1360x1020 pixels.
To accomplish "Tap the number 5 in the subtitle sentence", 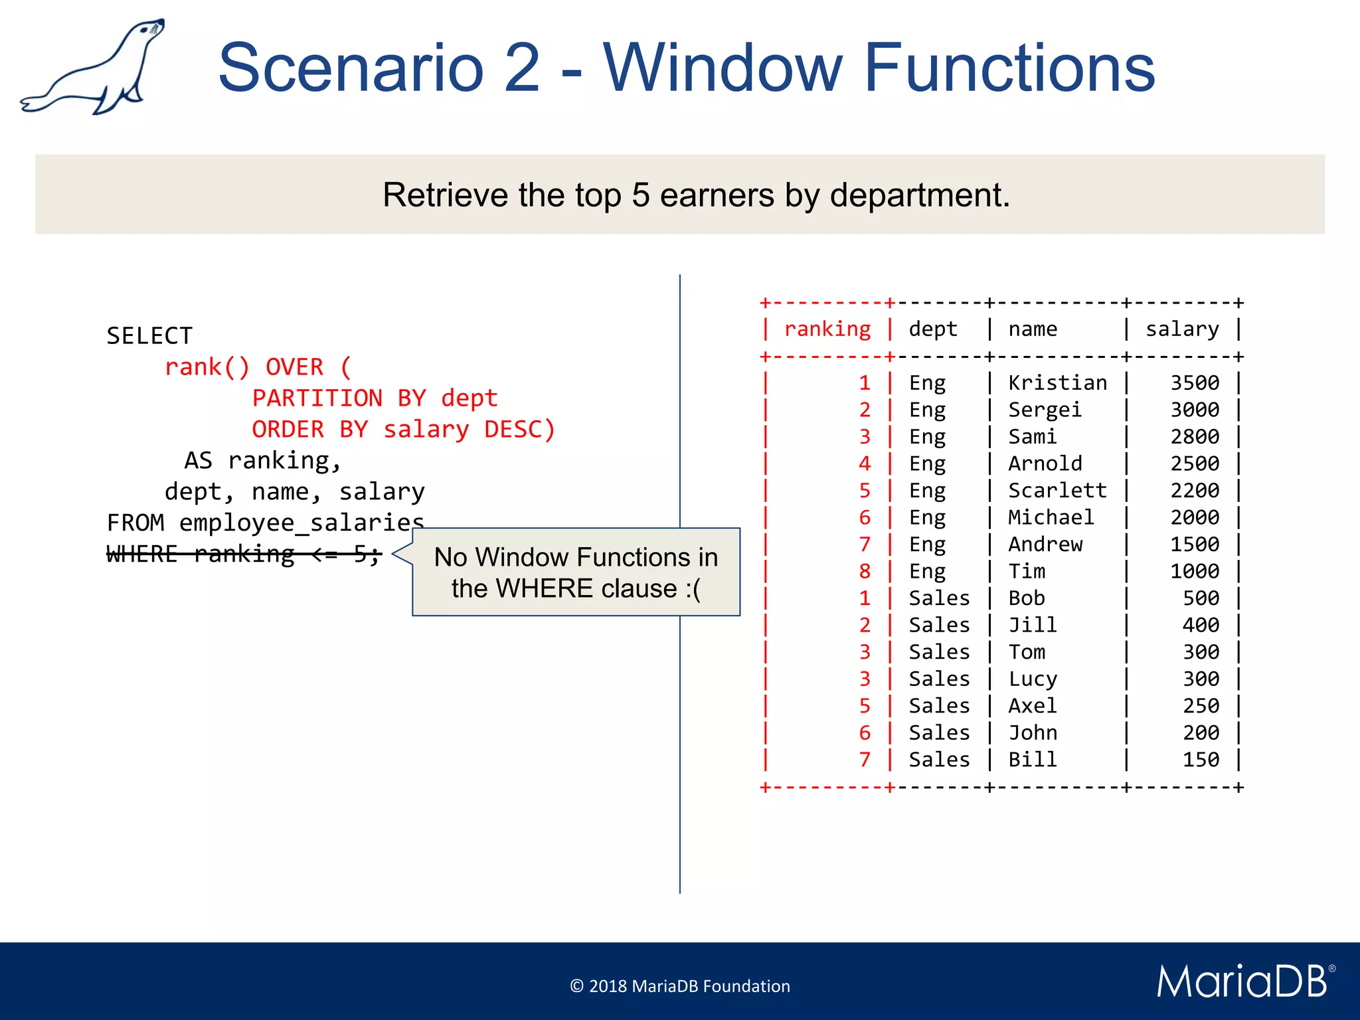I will point(640,195).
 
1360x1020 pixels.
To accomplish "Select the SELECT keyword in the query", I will point(149,336).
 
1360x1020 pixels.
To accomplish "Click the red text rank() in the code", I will point(207,367).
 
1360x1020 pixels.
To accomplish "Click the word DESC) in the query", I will point(520,430).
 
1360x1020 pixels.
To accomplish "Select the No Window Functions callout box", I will point(576,572).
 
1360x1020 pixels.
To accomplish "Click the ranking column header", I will point(827,329).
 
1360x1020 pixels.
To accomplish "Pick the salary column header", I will point(1182,329).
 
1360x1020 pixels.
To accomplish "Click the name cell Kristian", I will point(1057,383).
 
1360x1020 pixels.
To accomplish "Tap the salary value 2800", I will point(1194,437).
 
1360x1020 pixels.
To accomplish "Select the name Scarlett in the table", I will point(1057,491).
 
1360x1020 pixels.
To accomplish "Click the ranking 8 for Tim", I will point(864,572).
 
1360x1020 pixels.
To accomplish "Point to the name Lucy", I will point(1032,679).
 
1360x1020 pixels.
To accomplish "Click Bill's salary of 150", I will point(1200,760).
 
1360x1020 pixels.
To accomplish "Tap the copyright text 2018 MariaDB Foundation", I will point(679,986).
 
